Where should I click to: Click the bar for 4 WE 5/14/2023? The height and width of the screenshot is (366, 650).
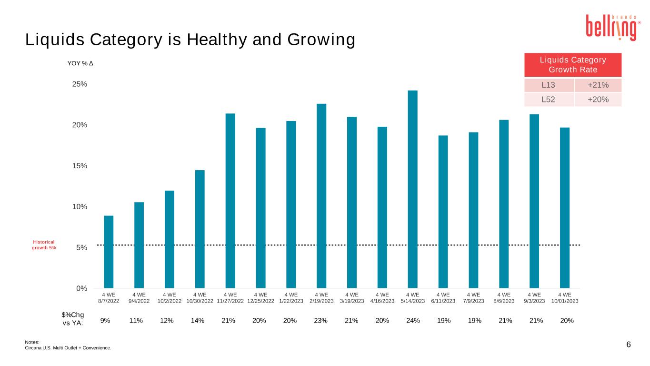click(x=412, y=189)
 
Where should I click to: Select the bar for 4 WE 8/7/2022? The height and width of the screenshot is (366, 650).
click(x=109, y=252)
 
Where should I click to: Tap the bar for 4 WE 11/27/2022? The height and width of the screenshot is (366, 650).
click(x=230, y=201)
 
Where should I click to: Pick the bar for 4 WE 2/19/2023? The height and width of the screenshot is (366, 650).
click(x=321, y=196)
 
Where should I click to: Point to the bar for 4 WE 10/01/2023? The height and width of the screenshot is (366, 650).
click(x=565, y=208)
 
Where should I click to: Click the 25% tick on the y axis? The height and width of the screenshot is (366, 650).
click(x=79, y=84)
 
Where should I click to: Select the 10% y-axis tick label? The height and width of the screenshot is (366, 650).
click(x=79, y=207)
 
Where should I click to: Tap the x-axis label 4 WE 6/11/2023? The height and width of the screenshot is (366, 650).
click(x=443, y=298)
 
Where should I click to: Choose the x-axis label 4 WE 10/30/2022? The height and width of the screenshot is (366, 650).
click(x=200, y=298)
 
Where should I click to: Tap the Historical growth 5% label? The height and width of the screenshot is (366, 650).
click(x=44, y=245)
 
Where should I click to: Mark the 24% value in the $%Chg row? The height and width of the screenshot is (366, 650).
click(x=412, y=320)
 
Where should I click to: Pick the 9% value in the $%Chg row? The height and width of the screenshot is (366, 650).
click(x=105, y=320)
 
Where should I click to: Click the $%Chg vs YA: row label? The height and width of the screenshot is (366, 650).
click(x=73, y=319)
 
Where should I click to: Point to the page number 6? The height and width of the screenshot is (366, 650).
click(x=628, y=345)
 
